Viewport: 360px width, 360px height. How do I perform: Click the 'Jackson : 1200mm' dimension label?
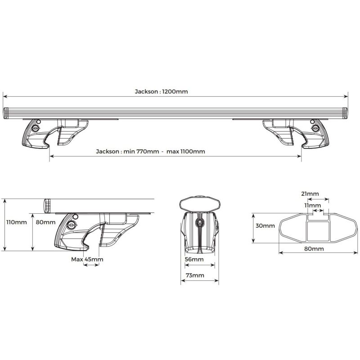161,92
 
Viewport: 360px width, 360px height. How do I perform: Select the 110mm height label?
17,222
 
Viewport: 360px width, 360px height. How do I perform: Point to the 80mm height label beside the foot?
46,222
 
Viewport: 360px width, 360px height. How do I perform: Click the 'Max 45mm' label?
87,260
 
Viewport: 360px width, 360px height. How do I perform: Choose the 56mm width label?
194,260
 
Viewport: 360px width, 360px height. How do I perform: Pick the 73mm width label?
195,275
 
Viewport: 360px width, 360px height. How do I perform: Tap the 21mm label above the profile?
310,194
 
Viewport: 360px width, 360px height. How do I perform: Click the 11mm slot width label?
313,205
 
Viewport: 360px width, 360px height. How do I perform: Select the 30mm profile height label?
265,226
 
